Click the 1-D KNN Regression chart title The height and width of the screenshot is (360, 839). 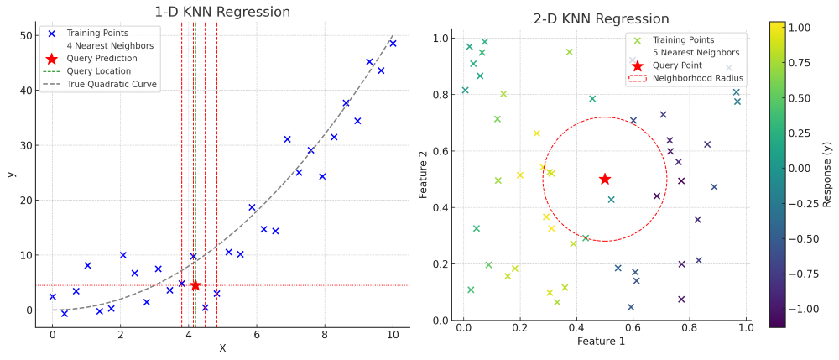(x=222, y=12)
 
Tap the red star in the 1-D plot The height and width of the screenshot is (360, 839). (x=195, y=285)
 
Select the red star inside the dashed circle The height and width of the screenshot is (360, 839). (x=605, y=179)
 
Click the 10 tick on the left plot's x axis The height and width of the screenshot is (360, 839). (x=393, y=334)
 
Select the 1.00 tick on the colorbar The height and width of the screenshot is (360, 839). (x=799, y=28)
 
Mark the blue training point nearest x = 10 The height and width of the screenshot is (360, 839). (x=393, y=44)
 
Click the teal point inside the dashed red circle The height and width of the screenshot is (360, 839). (x=612, y=200)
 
